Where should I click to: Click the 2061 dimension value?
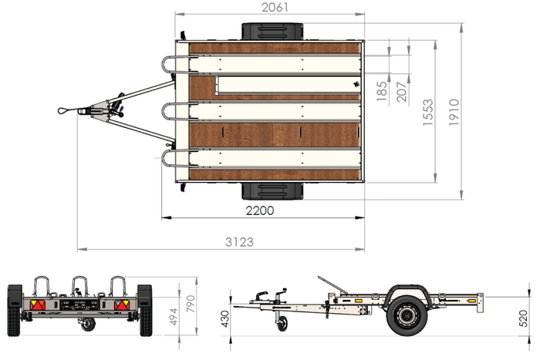pos(275,7)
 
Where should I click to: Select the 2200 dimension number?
pos(260,210)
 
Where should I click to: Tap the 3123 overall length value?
pos(239,242)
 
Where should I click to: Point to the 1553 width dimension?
pos(427,113)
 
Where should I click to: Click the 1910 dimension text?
pos(454,113)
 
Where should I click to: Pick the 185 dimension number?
pos(382,91)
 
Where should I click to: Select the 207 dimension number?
pos(402,92)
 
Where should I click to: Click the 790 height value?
pos(191,304)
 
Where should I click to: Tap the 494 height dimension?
pos(174,317)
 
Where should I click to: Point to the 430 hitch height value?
pos(225,319)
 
